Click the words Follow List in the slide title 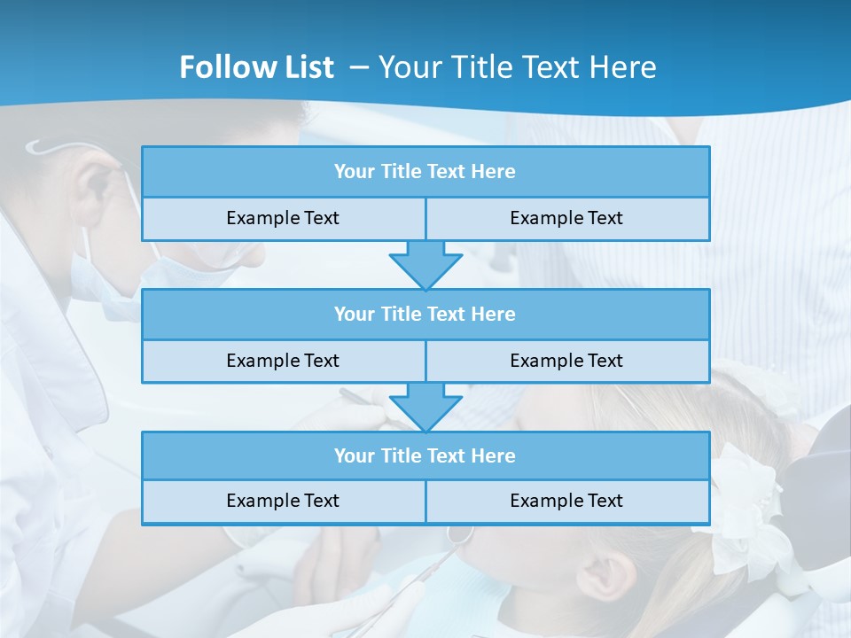[256, 67]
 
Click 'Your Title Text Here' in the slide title [518, 67]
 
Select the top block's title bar [425, 172]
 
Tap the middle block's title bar [425, 314]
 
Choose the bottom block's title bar [425, 455]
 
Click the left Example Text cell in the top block [283, 218]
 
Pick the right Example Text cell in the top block [566, 218]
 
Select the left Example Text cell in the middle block [283, 361]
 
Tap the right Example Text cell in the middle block [566, 361]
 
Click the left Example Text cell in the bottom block [283, 501]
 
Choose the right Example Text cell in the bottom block [566, 501]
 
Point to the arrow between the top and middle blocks [425, 264]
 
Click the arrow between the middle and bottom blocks [425, 407]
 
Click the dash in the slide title [360, 67]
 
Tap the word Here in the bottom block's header [494, 455]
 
